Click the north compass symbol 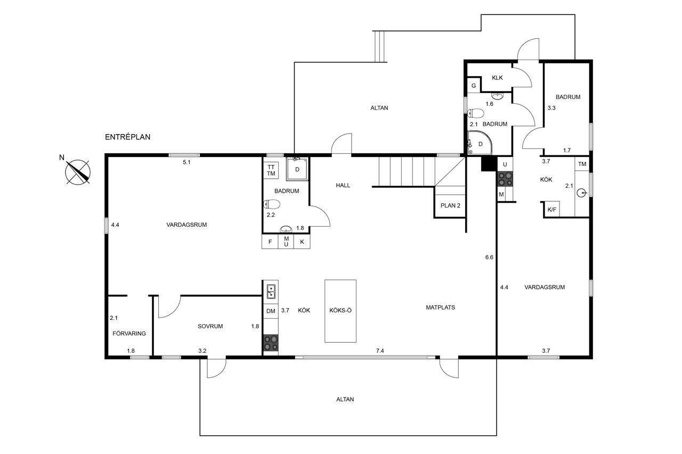point(78,171)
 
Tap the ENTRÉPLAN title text point(128,137)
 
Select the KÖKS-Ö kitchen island point(340,310)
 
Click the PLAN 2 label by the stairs point(450,205)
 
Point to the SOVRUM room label point(209,326)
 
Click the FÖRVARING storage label point(129,334)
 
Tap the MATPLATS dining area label point(440,307)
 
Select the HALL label point(343,185)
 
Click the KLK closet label point(498,78)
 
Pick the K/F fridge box point(552,210)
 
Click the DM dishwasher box point(271,311)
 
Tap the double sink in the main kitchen point(271,291)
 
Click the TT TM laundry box point(271,170)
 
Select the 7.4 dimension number point(380,351)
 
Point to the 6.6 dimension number point(489,257)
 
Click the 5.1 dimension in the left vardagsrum point(186,162)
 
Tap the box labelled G point(473,86)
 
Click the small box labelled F point(270,242)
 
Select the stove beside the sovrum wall point(271,343)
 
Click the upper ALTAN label point(379,108)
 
